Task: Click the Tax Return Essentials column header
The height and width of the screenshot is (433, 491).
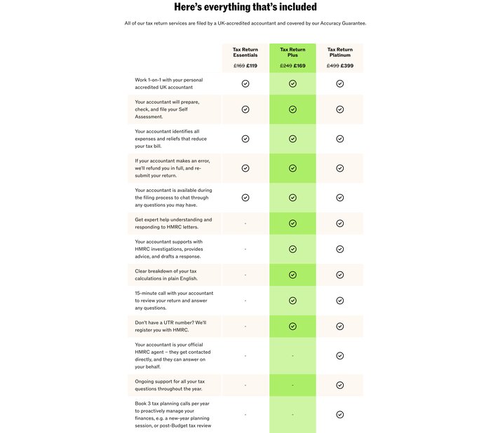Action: tap(245, 53)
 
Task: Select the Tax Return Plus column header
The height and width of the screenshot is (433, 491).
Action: tap(292, 53)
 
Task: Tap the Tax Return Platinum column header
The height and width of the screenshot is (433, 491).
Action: tap(339, 53)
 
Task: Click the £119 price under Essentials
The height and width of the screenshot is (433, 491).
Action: tap(252, 66)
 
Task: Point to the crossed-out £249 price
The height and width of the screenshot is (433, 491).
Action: tap(285, 66)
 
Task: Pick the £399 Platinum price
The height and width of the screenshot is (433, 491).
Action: tap(347, 66)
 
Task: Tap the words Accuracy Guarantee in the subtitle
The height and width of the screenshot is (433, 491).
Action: tap(342, 23)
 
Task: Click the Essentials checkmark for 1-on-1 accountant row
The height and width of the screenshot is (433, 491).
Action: tap(245, 83)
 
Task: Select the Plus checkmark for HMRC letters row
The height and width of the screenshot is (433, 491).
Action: tap(292, 224)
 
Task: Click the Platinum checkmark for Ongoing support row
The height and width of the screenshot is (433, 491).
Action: tap(340, 385)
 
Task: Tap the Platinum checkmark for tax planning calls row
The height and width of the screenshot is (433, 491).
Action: tap(340, 415)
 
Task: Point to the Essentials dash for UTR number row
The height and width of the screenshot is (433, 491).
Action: tap(245, 327)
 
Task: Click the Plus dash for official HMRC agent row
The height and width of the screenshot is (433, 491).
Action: tap(292, 356)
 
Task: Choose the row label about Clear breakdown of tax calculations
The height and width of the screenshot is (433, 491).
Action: tap(166, 275)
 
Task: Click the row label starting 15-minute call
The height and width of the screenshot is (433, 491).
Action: tap(174, 301)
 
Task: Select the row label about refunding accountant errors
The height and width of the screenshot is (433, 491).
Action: tap(173, 168)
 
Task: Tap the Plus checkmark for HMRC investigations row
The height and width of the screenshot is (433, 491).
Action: tap(292, 249)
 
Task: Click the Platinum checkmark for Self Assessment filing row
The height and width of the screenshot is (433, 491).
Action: tap(340, 109)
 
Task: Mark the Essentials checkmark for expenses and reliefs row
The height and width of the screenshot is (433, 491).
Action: tap(245, 139)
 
